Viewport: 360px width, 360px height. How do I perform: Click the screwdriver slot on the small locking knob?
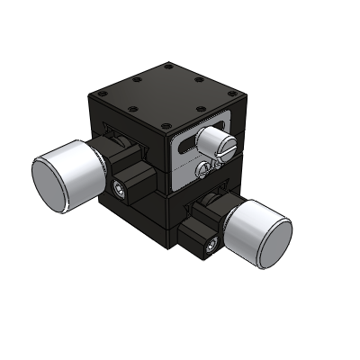pyautogui.click(x=227, y=143)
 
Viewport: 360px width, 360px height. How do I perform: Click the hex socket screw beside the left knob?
pyautogui.click(x=122, y=188)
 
